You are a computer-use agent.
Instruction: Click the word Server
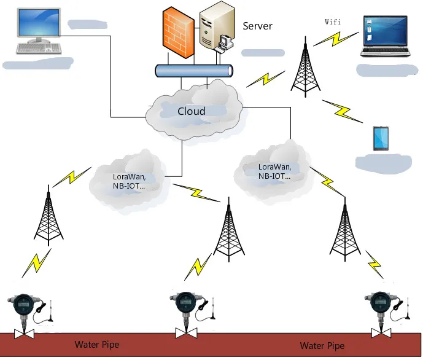[x=257, y=26]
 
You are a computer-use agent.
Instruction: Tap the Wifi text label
[x=332, y=22]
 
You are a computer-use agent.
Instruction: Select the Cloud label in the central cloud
[x=192, y=111]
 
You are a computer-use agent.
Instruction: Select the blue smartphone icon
[x=381, y=139]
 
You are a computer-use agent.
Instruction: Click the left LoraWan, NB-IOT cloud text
[x=129, y=181]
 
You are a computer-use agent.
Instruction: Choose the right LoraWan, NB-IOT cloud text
[x=274, y=171]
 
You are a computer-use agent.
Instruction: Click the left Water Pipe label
[x=96, y=345]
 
